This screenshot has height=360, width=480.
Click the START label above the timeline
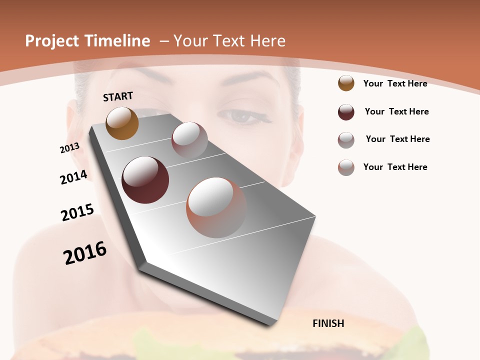(118, 96)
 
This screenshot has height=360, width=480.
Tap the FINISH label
(328, 323)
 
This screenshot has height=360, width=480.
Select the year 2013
(69, 148)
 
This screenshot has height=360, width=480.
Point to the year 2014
(74, 177)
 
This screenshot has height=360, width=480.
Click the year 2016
(85, 253)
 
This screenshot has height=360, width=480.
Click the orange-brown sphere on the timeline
(122, 123)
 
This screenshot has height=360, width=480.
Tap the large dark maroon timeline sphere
(145, 180)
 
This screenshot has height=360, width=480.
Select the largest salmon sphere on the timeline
(216, 207)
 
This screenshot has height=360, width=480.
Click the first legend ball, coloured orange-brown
(346, 83)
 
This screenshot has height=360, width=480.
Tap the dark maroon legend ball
(346, 112)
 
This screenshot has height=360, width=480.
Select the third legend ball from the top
(346, 140)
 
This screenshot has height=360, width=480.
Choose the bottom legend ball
(346, 167)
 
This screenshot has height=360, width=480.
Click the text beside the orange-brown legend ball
(395, 83)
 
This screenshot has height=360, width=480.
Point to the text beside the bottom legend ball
(395, 167)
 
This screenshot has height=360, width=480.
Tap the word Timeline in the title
(119, 41)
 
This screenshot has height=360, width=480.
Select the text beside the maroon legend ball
(396, 111)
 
